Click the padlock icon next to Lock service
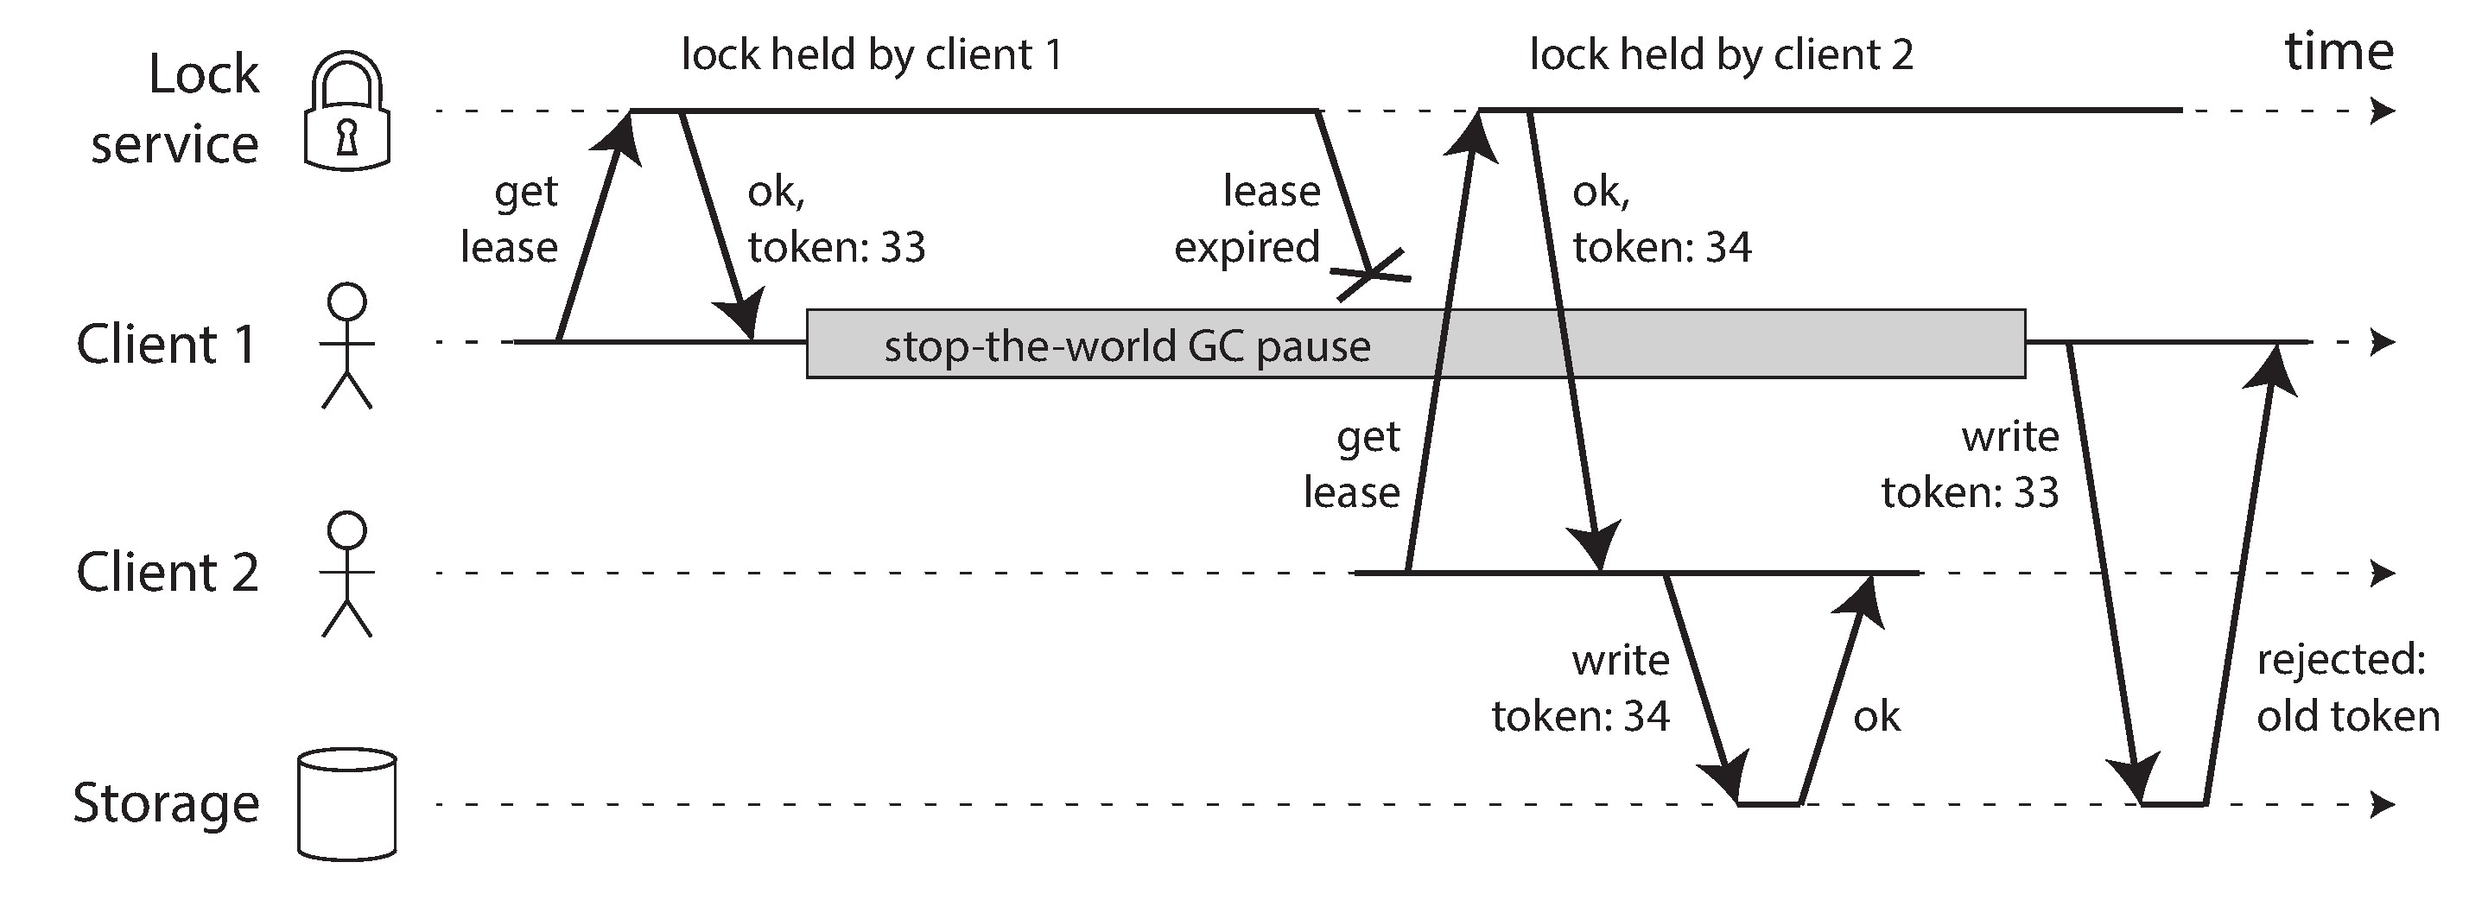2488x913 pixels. pyautogui.click(x=346, y=113)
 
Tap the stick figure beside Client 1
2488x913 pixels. pyautogui.click(x=346, y=345)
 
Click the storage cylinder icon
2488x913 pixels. pyautogui.click(x=346, y=804)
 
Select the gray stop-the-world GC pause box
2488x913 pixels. pyautogui.click(x=1415, y=344)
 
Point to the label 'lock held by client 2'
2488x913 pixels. pyautogui.click(x=1721, y=55)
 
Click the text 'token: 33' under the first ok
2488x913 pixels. pyautogui.click(x=836, y=247)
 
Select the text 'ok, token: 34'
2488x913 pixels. pyautogui.click(x=1661, y=220)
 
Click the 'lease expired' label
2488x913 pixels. pyautogui.click(x=1247, y=219)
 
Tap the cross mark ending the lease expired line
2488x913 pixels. pyautogui.click(x=1372, y=276)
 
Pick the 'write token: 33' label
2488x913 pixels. pyautogui.click(x=1971, y=465)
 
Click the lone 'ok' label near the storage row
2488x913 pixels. pyautogui.click(x=1876, y=717)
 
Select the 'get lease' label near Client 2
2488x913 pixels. pyautogui.click(x=1352, y=465)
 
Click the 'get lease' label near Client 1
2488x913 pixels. pyautogui.click(x=510, y=219)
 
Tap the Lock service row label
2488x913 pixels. pyautogui.click(x=175, y=109)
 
